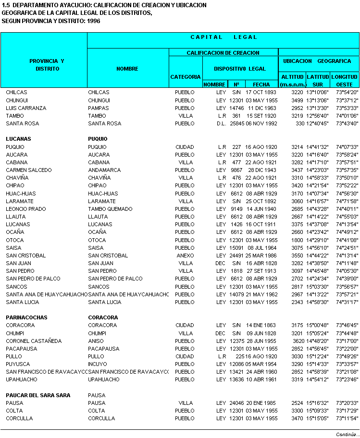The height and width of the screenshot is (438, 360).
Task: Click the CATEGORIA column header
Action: click(186, 77)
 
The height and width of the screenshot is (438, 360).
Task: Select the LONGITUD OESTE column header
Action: click(345, 80)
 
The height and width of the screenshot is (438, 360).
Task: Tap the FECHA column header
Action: click(261, 85)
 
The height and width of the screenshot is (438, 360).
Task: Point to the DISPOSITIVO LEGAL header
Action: click(240, 69)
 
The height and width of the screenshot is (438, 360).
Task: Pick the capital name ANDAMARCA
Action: click(104, 170)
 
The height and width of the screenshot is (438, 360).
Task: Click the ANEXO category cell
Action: click(185, 255)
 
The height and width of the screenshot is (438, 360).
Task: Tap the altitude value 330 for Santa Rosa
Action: click(300, 123)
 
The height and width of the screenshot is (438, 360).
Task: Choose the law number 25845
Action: click(236, 123)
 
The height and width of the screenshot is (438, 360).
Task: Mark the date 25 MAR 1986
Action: click(261, 255)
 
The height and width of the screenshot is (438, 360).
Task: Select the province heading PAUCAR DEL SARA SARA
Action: click(38, 395)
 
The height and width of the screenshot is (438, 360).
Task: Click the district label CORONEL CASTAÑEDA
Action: click(34, 341)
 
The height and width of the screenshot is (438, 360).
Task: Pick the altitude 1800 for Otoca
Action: click(298, 240)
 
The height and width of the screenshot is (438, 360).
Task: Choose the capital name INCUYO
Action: click(98, 364)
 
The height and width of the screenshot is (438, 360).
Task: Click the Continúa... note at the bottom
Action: click(348, 434)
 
